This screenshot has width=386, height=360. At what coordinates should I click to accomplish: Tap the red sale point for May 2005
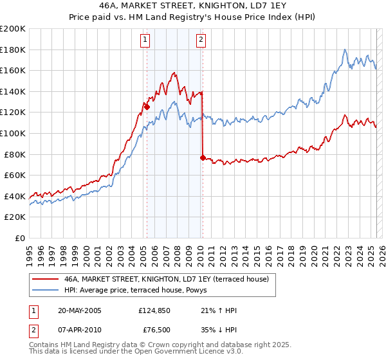pyautogui.click(x=147, y=107)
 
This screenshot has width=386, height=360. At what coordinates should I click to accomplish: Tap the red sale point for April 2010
pyautogui.click(x=203, y=157)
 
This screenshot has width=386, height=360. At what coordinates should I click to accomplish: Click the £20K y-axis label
pyautogui.click(x=15, y=217)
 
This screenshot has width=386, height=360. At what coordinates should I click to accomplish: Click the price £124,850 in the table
pyautogui.click(x=153, y=310)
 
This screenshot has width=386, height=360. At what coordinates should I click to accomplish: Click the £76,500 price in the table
pyautogui.click(x=156, y=331)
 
